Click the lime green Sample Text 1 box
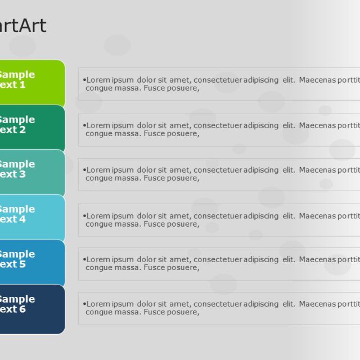tap(31, 83)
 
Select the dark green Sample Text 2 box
tap(31, 127)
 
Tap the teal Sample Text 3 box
tap(31, 172)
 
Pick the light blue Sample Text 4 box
tap(31, 217)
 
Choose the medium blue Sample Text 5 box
tap(31, 262)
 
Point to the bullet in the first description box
tap(84, 80)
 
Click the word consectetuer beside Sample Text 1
tap(217, 80)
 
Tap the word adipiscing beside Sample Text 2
tap(261, 125)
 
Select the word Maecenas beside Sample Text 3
tap(317, 170)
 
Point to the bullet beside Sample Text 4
tap(84, 216)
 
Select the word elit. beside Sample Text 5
tap(289, 259)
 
